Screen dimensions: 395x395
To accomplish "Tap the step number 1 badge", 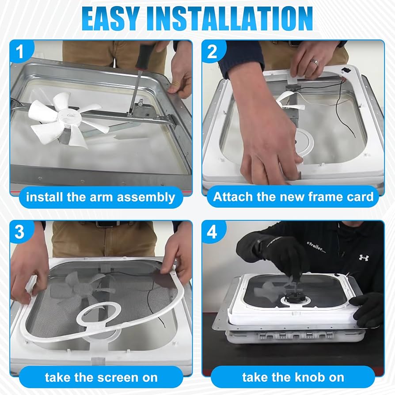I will pos(20,52).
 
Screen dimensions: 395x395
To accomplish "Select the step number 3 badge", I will pos(20,232).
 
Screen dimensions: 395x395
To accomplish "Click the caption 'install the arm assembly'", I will pos(100,197).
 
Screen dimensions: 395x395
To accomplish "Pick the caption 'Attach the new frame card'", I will pos(293,197).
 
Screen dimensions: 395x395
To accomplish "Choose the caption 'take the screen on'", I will pos(100,377).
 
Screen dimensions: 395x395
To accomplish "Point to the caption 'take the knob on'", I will pos(293,377).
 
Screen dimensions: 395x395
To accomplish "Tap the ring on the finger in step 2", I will pos(314,62).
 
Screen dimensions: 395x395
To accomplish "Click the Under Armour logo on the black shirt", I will pos(363,257).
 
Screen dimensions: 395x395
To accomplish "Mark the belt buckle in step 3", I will pos(106,224).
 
